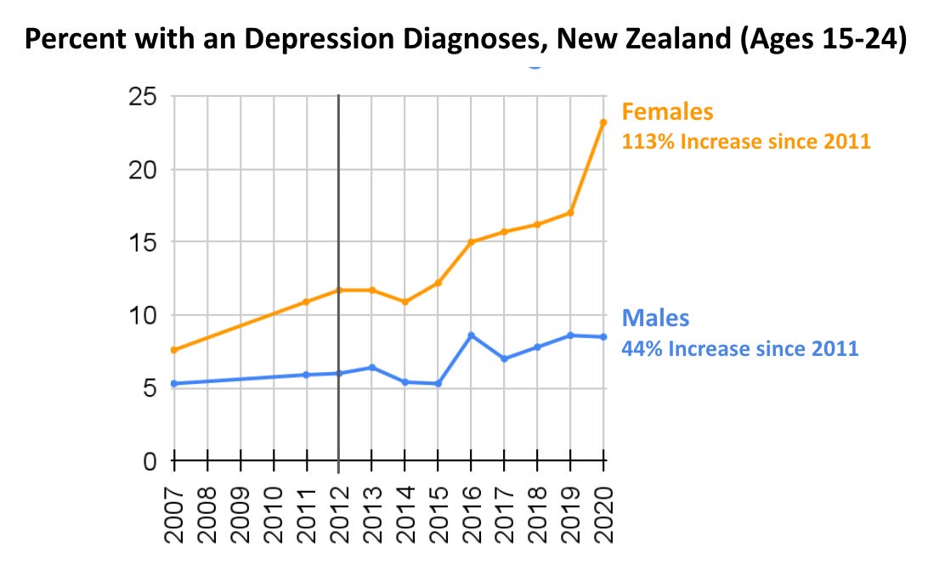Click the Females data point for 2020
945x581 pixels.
click(x=603, y=122)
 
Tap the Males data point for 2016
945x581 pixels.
click(x=472, y=336)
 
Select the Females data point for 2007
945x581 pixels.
click(x=174, y=350)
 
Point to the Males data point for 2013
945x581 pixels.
click(x=372, y=367)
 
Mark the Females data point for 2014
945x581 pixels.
click(x=405, y=302)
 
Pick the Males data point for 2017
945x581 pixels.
click(x=505, y=358)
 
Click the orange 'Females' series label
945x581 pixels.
click(x=668, y=111)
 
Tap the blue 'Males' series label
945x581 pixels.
click(x=655, y=318)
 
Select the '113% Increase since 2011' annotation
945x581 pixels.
click(x=746, y=141)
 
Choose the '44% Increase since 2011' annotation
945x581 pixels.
click(x=740, y=347)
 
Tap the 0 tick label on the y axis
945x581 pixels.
click(x=149, y=461)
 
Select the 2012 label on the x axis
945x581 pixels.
click(x=339, y=515)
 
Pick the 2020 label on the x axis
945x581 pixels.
click(x=603, y=515)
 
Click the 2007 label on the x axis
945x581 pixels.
click(x=174, y=515)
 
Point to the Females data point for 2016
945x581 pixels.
click(x=472, y=242)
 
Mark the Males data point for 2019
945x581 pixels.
click(x=570, y=336)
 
